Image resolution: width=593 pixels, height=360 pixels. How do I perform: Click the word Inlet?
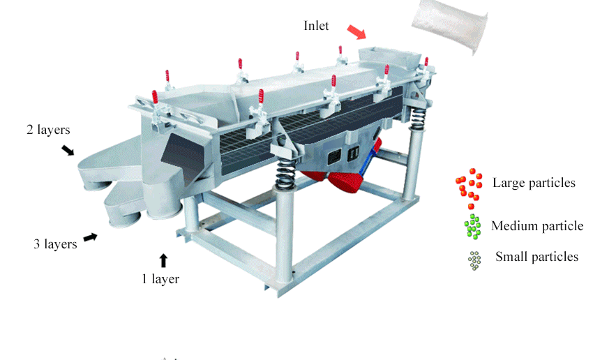(316, 26)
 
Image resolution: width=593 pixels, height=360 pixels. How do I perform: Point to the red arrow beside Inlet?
(356, 32)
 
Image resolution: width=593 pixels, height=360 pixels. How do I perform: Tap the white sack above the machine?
(449, 26)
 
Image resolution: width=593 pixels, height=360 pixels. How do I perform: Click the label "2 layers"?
(48, 130)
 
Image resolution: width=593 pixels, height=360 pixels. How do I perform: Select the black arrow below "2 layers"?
(68, 150)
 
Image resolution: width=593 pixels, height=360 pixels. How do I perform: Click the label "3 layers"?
(55, 244)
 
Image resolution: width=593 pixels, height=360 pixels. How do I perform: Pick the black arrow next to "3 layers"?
(90, 237)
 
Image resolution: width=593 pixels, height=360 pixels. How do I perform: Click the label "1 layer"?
(160, 279)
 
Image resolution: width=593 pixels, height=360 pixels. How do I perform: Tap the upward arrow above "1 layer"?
(163, 260)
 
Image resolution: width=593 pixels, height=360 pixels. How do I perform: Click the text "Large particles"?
(534, 183)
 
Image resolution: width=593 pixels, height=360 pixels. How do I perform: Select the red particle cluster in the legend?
(470, 188)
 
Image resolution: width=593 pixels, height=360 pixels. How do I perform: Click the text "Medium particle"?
(537, 226)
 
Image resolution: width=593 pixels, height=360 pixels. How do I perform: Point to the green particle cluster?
(473, 227)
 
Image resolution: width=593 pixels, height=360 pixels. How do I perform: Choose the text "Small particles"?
(536, 257)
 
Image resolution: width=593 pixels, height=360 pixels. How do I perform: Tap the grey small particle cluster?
(474, 260)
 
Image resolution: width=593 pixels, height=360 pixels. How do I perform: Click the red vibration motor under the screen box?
(344, 181)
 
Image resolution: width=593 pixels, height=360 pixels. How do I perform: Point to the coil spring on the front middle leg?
(285, 174)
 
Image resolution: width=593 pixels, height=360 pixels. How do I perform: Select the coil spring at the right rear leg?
(417, 118)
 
